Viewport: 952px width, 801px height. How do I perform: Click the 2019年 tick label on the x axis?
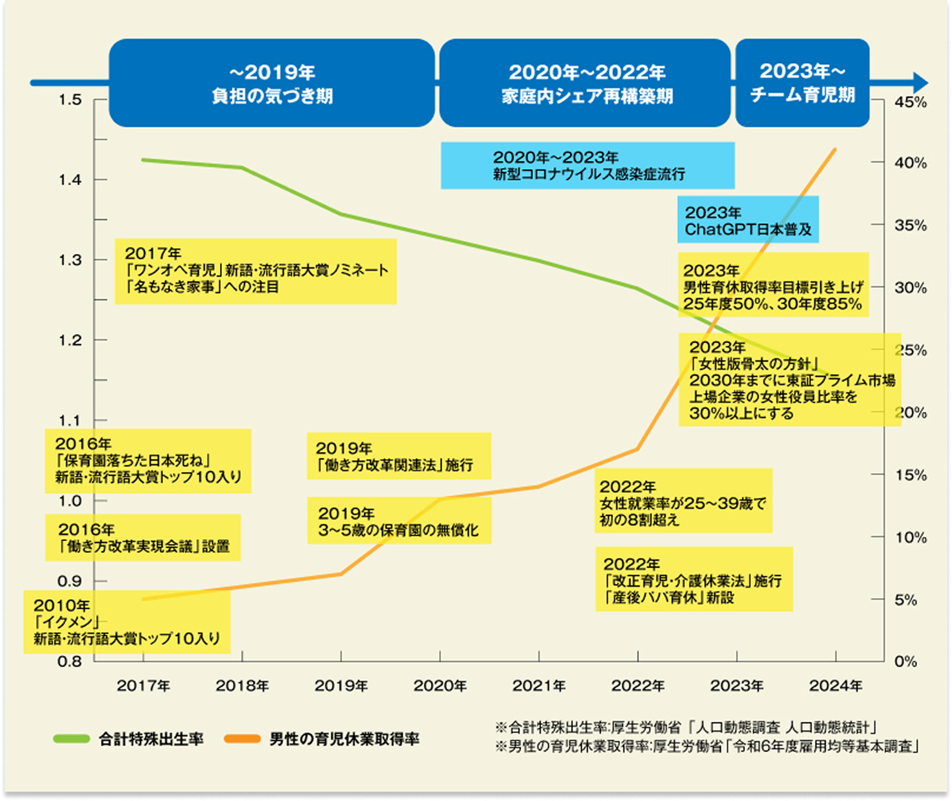click(341, 686)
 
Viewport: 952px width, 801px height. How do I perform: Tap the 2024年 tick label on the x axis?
click(835, 686)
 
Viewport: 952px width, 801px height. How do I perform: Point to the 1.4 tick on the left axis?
click(70, 180)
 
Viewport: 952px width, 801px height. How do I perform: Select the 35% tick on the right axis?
click(910, 226)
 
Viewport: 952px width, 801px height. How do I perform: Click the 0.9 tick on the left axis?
click(70, 581)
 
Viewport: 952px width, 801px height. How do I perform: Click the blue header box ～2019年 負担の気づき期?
click(272, 83)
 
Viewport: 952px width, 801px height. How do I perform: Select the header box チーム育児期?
click(802, 83)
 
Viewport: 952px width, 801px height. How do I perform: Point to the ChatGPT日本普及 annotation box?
click(748, 220)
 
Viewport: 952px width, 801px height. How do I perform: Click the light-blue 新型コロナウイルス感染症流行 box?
click(587, 165)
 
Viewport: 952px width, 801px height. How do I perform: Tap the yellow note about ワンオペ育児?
click(256, 271)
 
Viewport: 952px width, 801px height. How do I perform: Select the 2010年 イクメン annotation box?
click(127, 622)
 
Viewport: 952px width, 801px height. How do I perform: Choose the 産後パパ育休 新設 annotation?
click(694, 580)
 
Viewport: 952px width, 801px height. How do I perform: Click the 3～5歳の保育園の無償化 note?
click(399, 521)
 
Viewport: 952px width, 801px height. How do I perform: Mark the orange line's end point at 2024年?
click(835, 149)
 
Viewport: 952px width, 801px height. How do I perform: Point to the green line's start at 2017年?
click(143, 159)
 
